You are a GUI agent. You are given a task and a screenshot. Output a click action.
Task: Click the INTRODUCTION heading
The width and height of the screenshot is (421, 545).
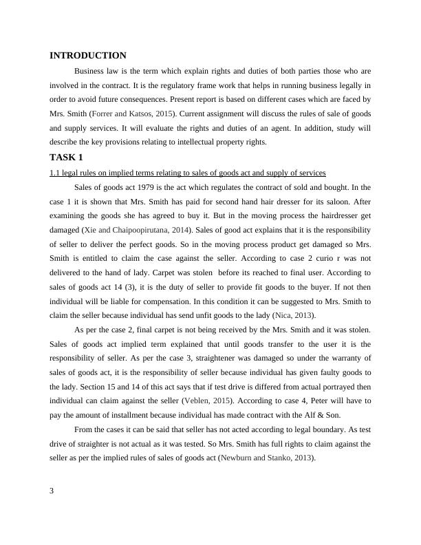click(x=88, y=56)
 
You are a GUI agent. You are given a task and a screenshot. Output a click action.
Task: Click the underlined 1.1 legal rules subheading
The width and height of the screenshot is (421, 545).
click(x=187, y=173)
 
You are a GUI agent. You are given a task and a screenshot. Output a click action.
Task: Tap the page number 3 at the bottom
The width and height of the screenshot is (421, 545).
click(x=52, y=491)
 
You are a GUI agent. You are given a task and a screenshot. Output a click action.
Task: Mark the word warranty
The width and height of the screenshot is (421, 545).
click(x=345, y=358)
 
